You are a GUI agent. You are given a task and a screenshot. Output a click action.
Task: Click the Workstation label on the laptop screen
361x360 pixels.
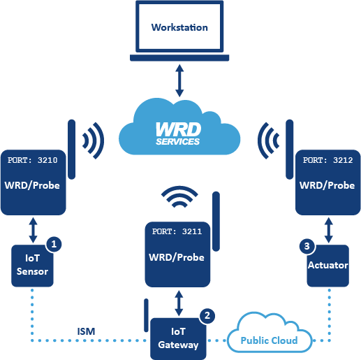179,28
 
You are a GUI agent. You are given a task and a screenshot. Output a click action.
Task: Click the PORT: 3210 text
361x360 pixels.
33,160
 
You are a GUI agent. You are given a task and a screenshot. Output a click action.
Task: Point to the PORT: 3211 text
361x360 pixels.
176,230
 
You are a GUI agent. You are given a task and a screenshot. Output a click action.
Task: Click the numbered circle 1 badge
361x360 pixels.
54,245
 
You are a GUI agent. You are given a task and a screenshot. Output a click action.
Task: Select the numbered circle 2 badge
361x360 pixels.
205,316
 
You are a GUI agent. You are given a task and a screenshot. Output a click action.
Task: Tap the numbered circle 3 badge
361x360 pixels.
306,246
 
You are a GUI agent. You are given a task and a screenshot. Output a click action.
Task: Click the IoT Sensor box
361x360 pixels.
32,265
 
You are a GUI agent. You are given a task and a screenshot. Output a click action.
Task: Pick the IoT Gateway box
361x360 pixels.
179,338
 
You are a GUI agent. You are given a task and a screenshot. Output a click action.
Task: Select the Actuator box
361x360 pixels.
327,266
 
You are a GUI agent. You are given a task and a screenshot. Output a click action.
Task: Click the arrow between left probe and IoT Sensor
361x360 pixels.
32,229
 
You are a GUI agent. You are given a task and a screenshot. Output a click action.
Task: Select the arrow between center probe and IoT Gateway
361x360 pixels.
179,302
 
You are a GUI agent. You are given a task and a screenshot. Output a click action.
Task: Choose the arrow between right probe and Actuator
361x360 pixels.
327,229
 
